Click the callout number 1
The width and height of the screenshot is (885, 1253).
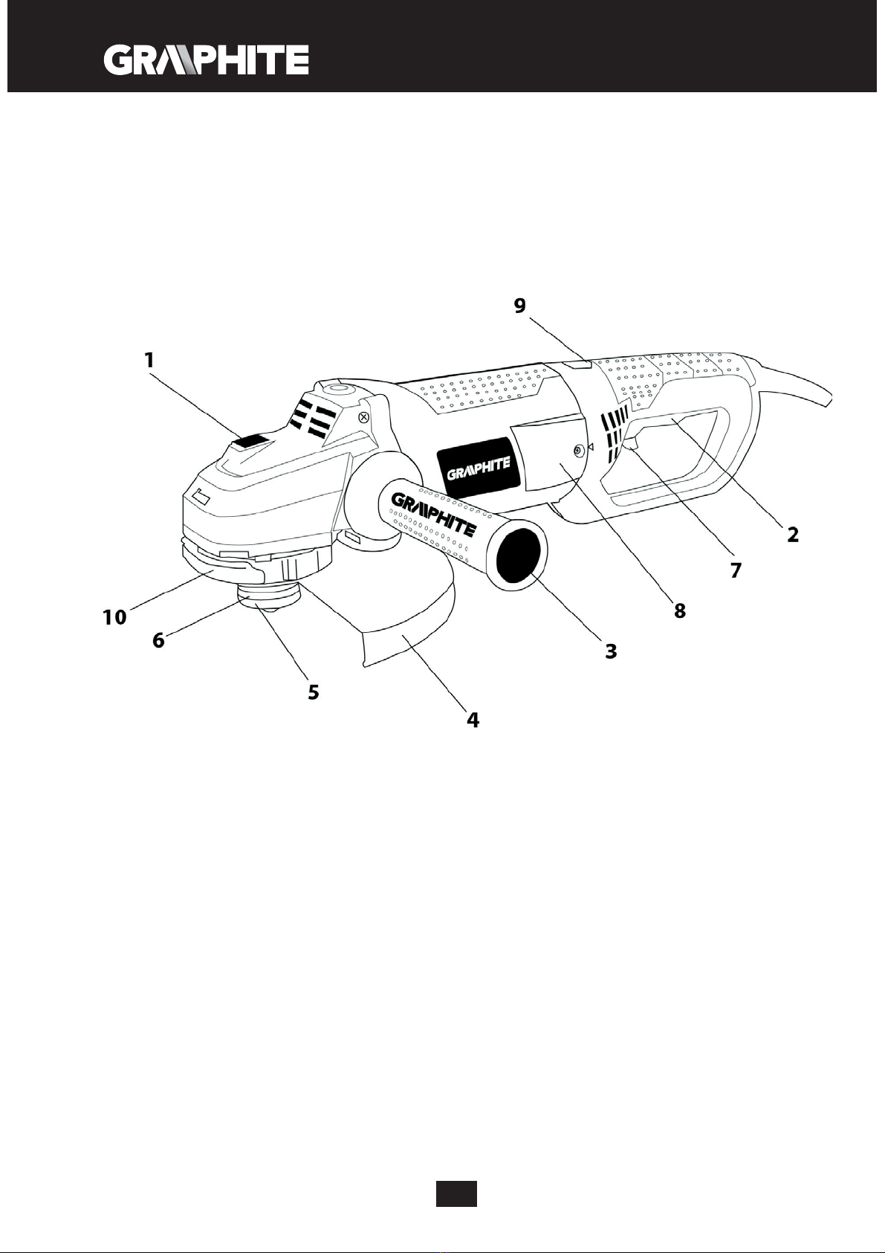pos(149,360)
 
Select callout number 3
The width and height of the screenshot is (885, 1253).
pos(610,651)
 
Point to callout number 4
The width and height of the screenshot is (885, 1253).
pos(473,720)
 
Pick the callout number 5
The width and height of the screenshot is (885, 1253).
pos(314,692)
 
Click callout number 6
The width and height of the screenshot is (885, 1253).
pos(158,640)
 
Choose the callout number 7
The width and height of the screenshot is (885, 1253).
pos(736,570)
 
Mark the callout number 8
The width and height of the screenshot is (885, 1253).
pos(679,611)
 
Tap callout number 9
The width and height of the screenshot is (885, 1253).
pos(520,305)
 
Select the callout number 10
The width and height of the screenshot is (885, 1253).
pos(115,616)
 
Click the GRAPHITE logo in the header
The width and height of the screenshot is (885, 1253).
pos(206,60)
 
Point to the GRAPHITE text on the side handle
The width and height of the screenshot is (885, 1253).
pos(434,513)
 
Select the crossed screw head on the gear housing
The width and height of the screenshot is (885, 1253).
pos(363,417)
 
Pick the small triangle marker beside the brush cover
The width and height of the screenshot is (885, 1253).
pos(591,447)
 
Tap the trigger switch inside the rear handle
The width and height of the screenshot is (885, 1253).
pos(630,445)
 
